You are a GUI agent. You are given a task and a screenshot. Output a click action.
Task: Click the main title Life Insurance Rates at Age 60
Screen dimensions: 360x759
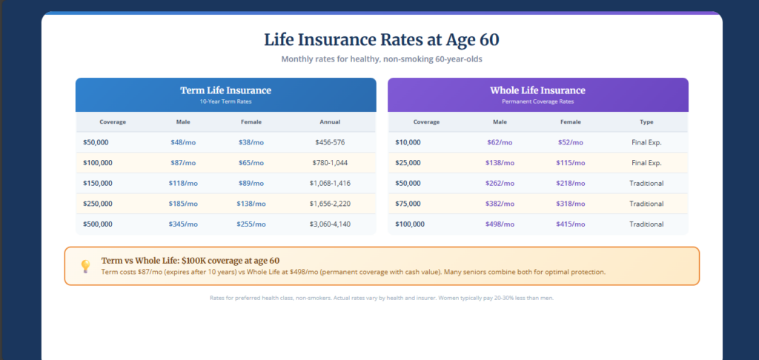(382, 40)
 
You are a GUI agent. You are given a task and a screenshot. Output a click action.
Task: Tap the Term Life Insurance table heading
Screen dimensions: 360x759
(225, 90)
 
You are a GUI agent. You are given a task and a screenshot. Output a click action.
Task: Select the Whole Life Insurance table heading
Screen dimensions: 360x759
(537, 90)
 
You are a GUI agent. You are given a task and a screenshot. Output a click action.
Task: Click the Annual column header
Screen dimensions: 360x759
(329, 122)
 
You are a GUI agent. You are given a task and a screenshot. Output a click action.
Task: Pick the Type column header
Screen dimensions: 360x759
(646, 122)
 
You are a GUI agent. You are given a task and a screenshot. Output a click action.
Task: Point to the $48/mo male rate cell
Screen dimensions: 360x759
(183, 142)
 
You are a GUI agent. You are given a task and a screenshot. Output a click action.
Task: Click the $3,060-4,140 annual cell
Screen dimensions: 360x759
(329, 224)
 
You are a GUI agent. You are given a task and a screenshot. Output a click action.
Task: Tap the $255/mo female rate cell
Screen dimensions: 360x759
(251, 224)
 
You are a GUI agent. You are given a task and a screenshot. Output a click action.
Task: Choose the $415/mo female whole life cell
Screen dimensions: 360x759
(570, 224)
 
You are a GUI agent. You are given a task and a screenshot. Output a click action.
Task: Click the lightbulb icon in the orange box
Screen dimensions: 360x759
(85, 265)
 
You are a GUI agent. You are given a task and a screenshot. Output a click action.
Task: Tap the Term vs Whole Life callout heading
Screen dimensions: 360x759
(190, 261)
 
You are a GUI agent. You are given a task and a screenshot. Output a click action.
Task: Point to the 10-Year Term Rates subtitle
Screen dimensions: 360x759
(225, 101)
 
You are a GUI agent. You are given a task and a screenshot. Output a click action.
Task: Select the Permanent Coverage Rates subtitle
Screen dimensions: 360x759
(537, 101)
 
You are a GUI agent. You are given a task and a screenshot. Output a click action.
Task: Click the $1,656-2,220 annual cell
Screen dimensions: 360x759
(329, 204)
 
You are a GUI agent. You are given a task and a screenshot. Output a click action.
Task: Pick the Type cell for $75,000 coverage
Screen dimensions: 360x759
(646, 204)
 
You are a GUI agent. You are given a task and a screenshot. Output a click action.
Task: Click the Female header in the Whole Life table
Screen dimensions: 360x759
(570, 122)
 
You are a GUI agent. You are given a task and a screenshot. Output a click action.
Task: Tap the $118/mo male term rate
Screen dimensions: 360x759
(183, 183)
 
